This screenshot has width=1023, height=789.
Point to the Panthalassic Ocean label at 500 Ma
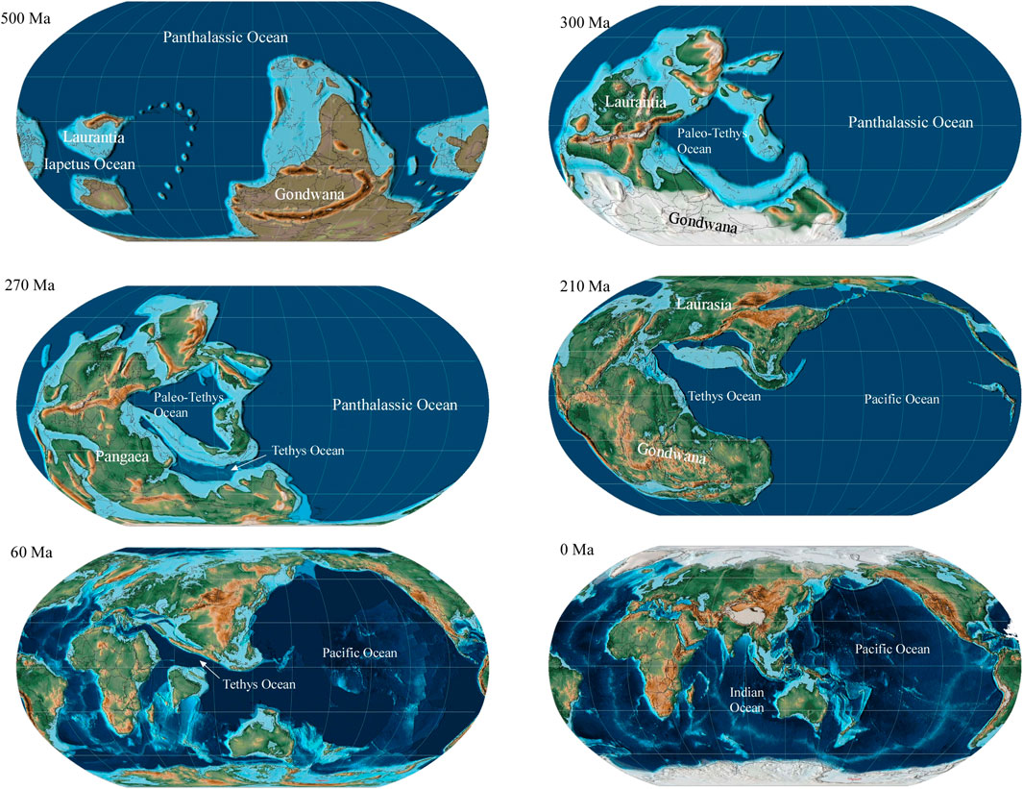click(x=226, y=37)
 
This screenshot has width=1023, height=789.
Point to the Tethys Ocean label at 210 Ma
click(x=723, y=396)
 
